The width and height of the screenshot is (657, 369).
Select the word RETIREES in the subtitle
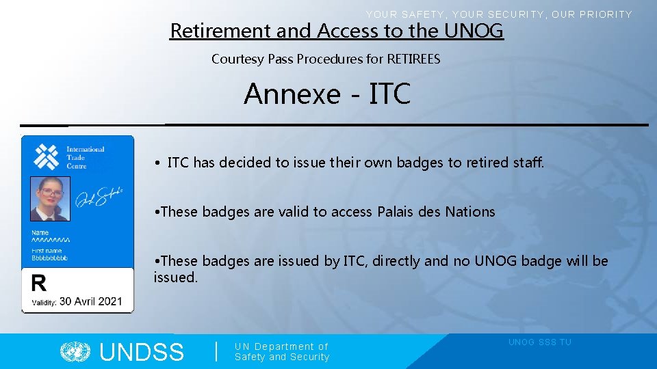click(413, 59)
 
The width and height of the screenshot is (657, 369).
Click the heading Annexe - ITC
click(326, 94)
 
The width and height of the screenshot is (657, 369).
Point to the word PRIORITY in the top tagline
click(606, 14)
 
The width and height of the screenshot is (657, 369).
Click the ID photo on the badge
click(50, 199)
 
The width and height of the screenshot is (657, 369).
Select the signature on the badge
click(99, 197)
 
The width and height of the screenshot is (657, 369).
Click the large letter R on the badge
click(40, 283)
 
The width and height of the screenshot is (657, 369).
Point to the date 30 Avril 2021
click(90, 301)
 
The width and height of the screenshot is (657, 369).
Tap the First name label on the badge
click(47, 251)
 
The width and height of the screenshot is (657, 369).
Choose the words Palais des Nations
click(436, 212)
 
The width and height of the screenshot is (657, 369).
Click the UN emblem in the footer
click(75, 352)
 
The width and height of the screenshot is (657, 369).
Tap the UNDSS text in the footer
click(142, 353)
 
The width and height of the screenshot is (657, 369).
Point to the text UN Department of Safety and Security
click(281, 352)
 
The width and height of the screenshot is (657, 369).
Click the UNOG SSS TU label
click(539, 342)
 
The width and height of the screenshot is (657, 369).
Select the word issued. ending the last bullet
click(175, 277)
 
